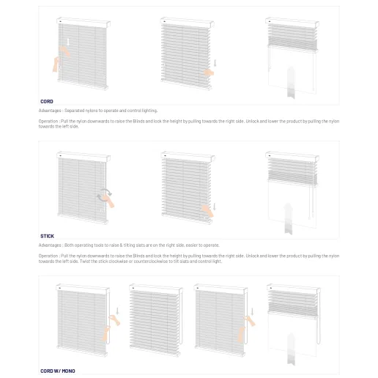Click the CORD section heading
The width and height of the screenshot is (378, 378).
click(46, 101)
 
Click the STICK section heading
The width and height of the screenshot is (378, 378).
click(46, 236)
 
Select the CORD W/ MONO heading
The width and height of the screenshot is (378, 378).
click(57, 371)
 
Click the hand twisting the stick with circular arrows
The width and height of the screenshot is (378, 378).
click(107, 197)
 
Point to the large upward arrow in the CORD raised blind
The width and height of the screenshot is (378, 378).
click(292, 81)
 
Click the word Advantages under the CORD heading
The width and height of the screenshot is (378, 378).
click(50, 111)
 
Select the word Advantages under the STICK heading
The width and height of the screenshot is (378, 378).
click(50, 245)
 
